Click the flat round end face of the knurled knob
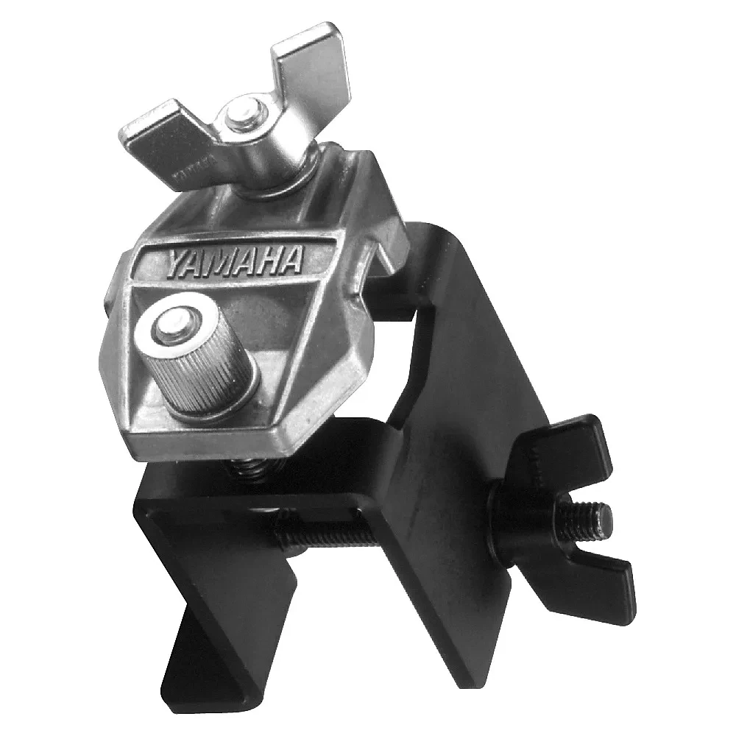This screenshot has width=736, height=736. pyautogui.click(x=173, y=325)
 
